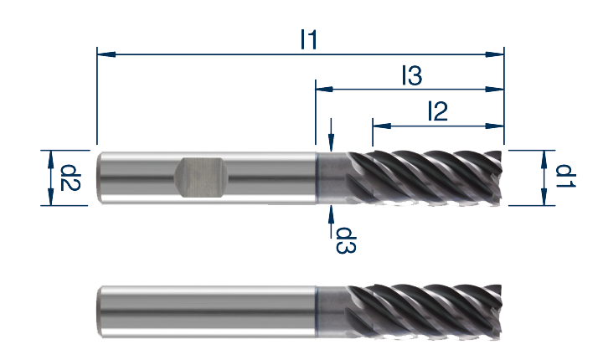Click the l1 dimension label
pos(309,40)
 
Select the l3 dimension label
pos(412,75)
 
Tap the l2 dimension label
pos(438,111)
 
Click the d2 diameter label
pos(70,177)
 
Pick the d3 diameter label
pos(346,240)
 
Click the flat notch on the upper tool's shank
pos(201,177)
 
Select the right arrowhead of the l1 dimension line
pos(495,54)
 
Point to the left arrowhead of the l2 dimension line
pos(382,126)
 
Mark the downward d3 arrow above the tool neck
pos(331,135)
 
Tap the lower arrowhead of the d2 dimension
pos(50,196)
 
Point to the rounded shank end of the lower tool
pos(100,312)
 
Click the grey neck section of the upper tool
pos(332,177)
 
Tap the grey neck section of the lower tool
pos(332,312)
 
